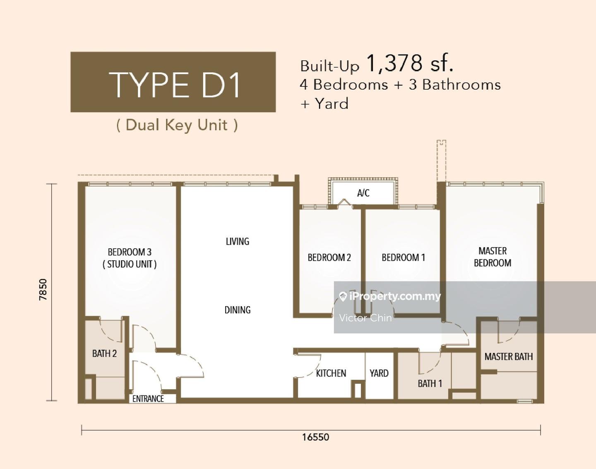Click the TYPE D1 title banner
(173, 82)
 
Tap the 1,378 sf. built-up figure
(410, 64)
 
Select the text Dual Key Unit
(177, 125)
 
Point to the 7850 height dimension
(43, 290)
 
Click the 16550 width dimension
(315, 437)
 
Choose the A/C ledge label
(363, 193)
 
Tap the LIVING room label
(237, 241)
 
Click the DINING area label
(237, 310)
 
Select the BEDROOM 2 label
(329, 257)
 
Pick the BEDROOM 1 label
(403, 257)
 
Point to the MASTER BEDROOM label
(493, 257)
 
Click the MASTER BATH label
(509, 357)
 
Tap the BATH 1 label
(430, 383)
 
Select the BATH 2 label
(104, 353)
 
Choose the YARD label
(379, 373)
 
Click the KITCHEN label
(331, 373)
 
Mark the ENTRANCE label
(148, 399)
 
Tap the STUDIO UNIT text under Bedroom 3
(130, 264)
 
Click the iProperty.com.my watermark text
(395, 296)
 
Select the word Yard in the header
(332, 104)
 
